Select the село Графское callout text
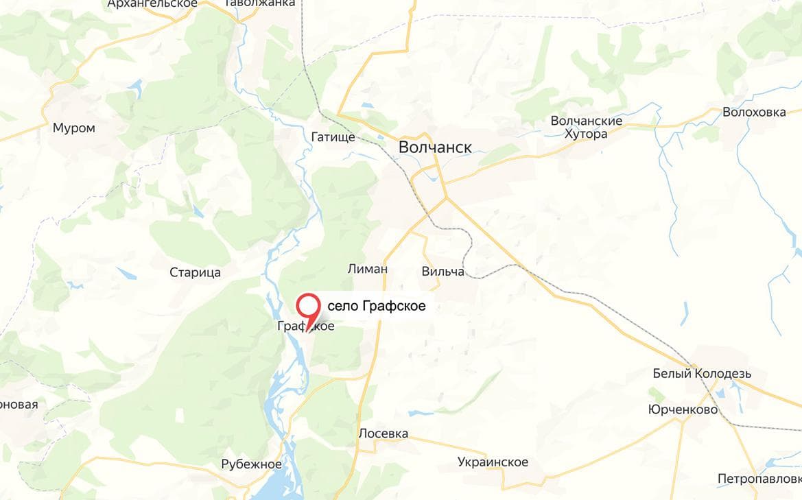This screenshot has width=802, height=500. tap(377, 307)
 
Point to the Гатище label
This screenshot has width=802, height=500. tap(333, 137)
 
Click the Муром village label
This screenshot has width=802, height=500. tap(74, 128)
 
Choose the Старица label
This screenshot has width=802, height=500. tap(195, 272)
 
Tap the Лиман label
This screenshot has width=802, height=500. tap(368, 269)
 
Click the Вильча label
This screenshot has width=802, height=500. tap(443, 272)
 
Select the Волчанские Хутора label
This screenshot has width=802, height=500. tap(587, 127)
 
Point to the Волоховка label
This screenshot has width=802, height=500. tap(754, 112)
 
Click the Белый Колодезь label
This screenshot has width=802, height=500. tap(702, 374)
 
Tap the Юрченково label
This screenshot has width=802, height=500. tap(683, 409)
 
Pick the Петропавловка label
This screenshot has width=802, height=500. tap(759, 478)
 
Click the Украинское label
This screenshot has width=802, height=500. tap(493, 462)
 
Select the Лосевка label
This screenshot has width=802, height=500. tap(383, 433)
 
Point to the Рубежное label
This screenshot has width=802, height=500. tap(251, 464)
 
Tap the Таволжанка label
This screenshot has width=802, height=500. tap(260, 3)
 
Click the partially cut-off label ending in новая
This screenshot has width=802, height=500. tap(19, 404)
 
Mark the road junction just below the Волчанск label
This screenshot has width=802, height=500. tap(446, 199)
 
